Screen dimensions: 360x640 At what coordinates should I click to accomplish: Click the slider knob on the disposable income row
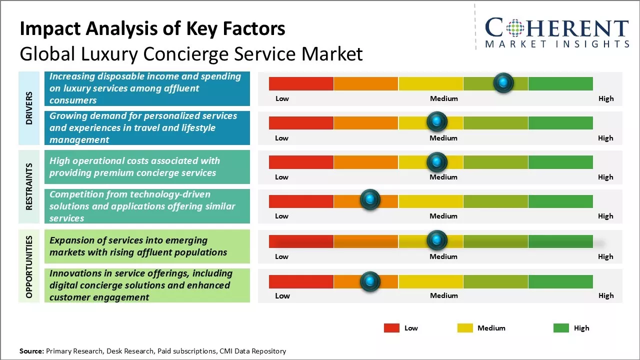[x=503, y=82]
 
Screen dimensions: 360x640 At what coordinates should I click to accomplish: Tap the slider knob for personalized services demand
[x=437, y=121]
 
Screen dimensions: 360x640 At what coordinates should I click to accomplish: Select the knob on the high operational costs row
[x=437, y=161]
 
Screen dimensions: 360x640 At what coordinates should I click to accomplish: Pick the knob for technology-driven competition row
[x=370, y=199]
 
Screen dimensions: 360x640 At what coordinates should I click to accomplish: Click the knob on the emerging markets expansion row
[x=437, y=240]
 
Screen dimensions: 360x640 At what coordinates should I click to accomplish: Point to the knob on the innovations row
[x=370, y=281]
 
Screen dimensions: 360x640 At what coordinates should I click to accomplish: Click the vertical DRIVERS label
[x=29, y=107]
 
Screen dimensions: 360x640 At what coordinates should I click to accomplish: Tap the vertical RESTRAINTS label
[x=29, y=186]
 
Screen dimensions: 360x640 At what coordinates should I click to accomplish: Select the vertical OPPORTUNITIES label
[x=29, y=266]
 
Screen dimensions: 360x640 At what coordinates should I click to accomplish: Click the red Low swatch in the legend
[x=391, y=328]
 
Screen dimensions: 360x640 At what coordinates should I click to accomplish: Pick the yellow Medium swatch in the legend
[x=465, y=328]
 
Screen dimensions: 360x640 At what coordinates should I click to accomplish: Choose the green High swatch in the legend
[x=561, y=328]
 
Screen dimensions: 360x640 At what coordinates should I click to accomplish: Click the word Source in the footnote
[x=31, y=351]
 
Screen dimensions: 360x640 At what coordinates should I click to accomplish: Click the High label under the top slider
[x=606, y=98]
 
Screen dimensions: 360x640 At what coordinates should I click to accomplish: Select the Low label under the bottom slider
[x=282, y=295]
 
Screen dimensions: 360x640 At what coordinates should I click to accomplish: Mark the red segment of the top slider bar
[x=301, y=83]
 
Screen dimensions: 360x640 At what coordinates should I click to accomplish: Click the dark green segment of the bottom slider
[x=560, y=281]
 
